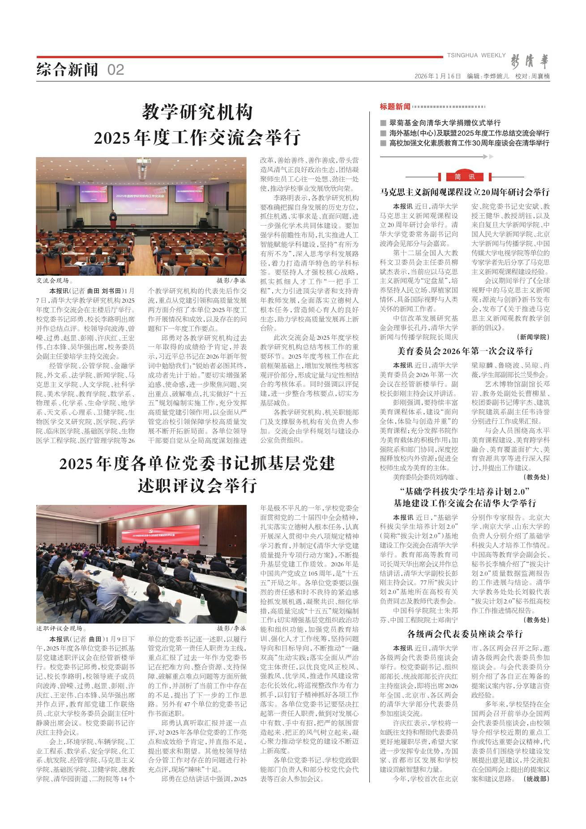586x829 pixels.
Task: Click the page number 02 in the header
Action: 115,70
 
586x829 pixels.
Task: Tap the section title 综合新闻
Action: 67,70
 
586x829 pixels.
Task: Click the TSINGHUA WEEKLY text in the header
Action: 476,55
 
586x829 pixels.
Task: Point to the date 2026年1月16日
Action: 437,76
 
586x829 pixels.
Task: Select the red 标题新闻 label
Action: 395,107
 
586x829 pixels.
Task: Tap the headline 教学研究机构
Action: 197,112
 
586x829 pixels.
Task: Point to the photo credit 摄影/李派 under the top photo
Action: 231,281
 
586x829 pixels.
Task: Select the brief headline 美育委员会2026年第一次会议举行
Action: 464,350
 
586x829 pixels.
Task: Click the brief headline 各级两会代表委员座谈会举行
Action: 465,634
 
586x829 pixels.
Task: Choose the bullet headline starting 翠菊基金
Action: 445,123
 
